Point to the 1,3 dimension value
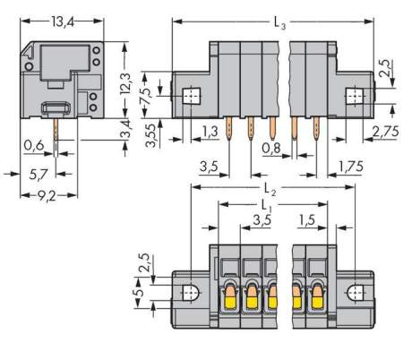tap(209, 132)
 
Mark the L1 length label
tap(270, 208)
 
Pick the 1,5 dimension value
tap(310, 219)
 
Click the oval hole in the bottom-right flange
tap(357, 293)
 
